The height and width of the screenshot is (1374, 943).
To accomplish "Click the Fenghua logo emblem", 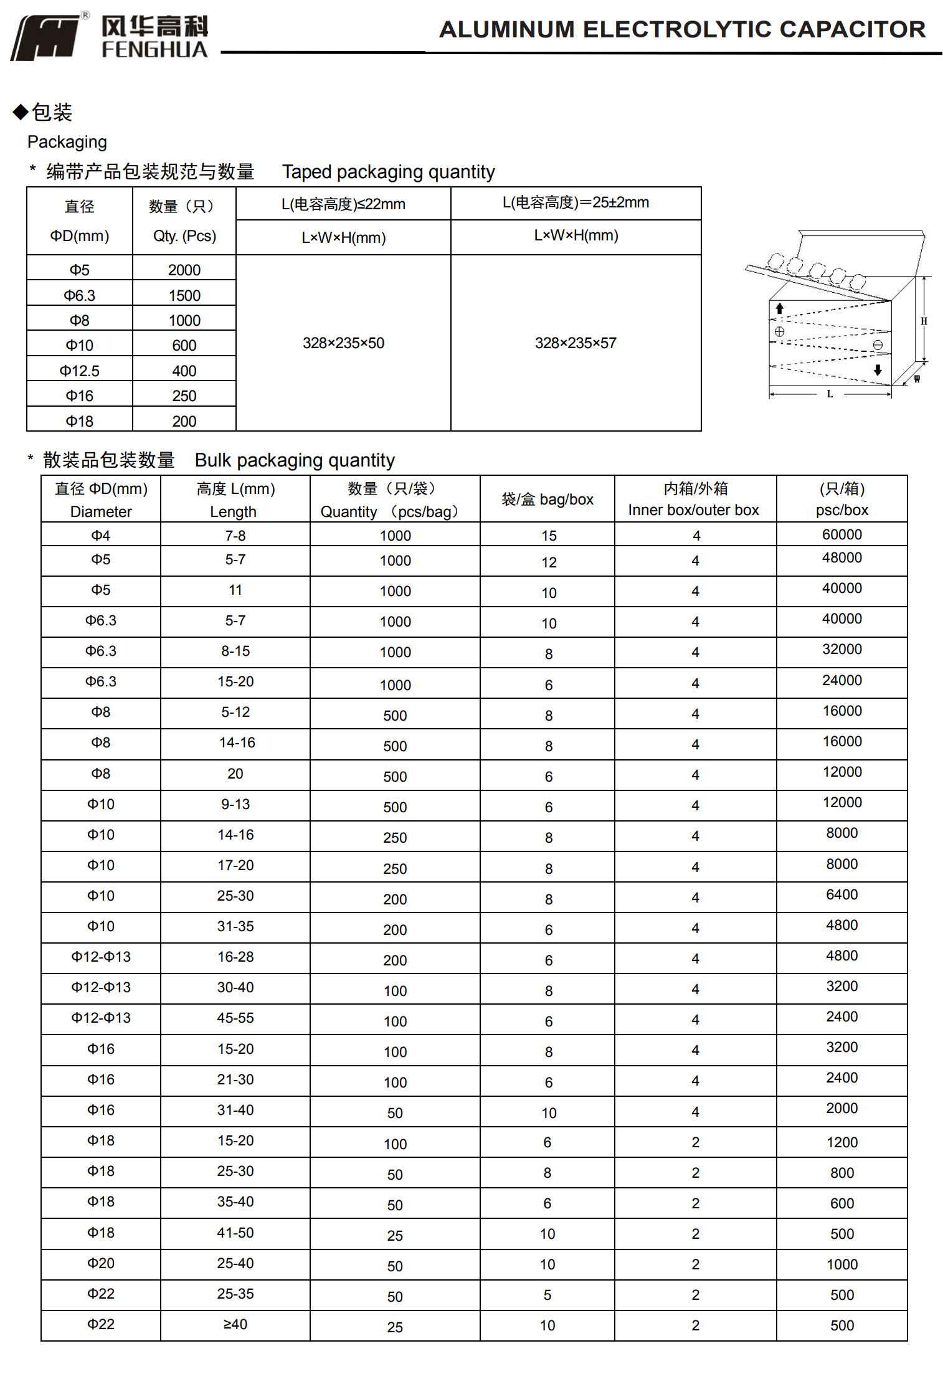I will [45, 38].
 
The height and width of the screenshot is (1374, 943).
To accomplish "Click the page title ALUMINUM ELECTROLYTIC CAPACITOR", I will [682, 29].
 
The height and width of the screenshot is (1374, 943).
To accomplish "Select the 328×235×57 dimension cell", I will [576, 343].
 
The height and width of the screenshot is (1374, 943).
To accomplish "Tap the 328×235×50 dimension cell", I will [343, 343].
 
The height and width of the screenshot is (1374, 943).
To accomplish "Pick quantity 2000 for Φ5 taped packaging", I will [184, 270].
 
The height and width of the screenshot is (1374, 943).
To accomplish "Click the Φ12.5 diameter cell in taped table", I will [80, 371].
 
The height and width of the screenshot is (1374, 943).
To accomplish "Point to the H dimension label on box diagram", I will [924, 321].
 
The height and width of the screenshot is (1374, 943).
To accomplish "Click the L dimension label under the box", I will [830, 394].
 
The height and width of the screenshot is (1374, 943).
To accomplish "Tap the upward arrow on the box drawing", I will [779, 308].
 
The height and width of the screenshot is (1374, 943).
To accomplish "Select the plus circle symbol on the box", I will [779, 331].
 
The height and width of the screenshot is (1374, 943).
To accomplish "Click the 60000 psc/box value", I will [841, 534].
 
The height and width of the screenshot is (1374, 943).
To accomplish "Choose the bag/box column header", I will [547, 500].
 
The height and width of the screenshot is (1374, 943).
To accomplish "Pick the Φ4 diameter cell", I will [101, 536].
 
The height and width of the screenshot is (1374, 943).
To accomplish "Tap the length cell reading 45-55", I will [235, 1018].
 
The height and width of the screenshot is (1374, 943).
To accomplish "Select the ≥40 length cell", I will [235, 1324].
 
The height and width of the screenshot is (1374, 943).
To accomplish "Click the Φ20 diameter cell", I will [101, 1263].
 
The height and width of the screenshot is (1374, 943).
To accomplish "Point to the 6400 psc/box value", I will [841, 894].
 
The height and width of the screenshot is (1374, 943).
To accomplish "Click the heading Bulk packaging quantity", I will [295, 460].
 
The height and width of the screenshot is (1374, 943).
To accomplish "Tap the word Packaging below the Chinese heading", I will [67, 142].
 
